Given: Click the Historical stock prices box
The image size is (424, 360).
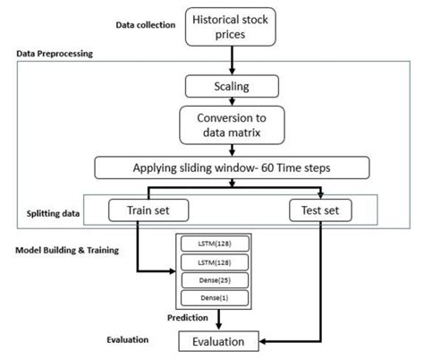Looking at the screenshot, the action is pos(231,27).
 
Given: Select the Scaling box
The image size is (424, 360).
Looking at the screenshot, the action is pos(232,86).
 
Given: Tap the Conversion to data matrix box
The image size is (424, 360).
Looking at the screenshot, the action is pos(232,125).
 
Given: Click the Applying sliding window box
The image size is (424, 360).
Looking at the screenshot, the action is pos(232,167).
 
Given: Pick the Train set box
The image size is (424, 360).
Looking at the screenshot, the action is pos(148,210).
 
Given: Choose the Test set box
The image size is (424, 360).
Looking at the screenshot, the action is pos(320,210).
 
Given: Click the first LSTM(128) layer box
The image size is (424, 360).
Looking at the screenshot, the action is pos(215,244).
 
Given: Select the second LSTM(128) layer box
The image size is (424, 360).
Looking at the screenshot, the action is pos(215,262).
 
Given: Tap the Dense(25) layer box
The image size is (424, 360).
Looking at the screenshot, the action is pos(215,280).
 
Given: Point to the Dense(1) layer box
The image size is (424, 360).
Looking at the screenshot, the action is pos(215,298).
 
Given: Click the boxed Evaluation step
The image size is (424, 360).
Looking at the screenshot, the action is pos(218,341).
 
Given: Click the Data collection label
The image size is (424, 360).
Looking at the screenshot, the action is pos(146,25).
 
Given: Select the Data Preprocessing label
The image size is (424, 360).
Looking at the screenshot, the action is pos(55,54).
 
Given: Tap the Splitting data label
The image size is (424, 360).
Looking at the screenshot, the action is pos(53,213).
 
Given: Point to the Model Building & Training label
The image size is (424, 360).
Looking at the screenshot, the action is pos(67,250).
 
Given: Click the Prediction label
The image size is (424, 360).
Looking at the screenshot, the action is pos(188,318).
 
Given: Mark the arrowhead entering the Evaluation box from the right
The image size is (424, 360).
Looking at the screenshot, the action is pos(262,341).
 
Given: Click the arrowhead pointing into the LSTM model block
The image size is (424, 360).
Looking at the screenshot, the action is pos(173,271).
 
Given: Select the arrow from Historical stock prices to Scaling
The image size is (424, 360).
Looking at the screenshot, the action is pos(232,60).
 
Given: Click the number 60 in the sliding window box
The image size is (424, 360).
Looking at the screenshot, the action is pos(267,167).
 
